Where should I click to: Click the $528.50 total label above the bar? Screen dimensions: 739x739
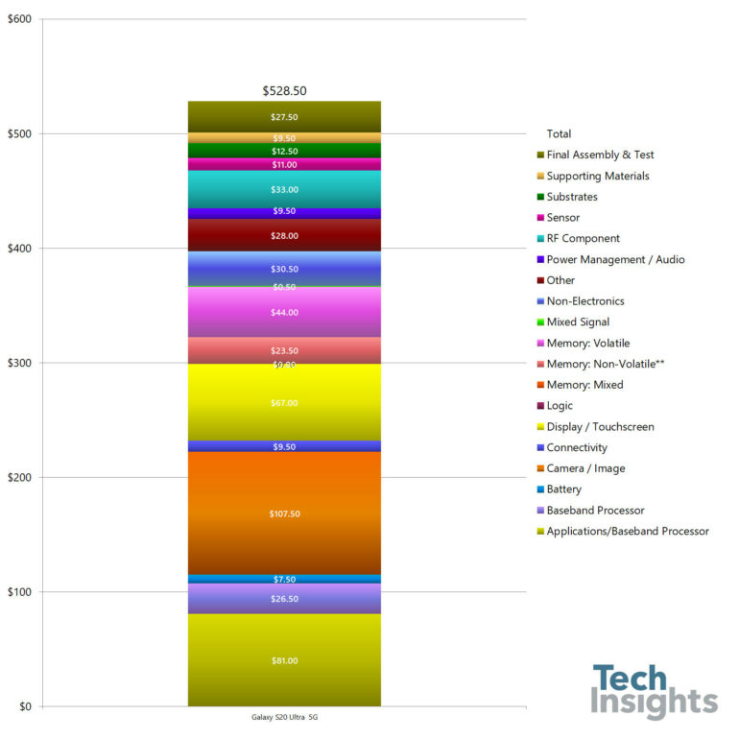pos(284,91)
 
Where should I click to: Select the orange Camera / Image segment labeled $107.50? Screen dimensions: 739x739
pos(284,513)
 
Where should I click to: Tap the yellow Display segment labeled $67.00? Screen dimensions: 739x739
pos(284,403)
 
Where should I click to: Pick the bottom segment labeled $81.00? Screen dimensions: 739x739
pos(284,660)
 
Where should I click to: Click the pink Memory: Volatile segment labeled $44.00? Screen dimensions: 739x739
pos(284,312)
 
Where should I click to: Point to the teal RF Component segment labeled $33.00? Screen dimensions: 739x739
pos(284,189)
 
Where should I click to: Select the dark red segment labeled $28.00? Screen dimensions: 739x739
pos(284,235)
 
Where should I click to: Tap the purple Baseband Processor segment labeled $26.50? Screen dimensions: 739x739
pos(284,598)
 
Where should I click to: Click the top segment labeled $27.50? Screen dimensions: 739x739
pos(284,116)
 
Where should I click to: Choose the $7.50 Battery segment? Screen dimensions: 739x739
pos(284,579)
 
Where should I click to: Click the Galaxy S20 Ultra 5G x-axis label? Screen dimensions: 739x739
pos(284,718)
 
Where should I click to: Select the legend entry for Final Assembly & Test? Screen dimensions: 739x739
pos(600,155)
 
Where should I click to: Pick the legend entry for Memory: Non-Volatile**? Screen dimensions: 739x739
pos(605,364)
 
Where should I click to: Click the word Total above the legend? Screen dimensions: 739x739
pos(559,133)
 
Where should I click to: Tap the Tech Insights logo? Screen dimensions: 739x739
pos(654,691)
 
